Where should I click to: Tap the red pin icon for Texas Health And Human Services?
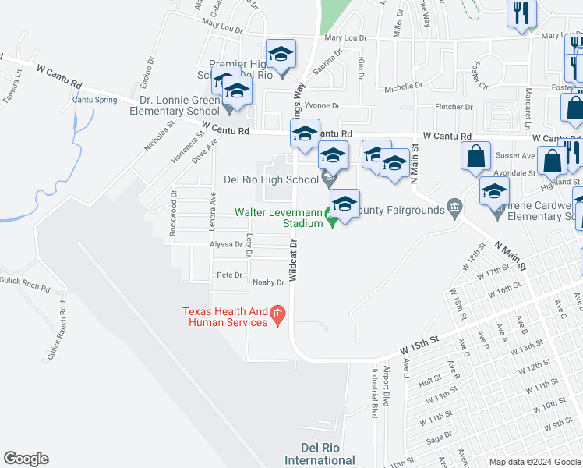(278, 316)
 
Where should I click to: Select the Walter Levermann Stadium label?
(280, 218)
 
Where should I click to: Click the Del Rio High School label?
(270, 179)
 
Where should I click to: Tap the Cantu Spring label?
(94, 100)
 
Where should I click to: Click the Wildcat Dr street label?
(293, 260)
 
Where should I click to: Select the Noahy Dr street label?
(268, 282)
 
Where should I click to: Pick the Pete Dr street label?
(230, 275)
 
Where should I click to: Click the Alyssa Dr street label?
(227, 244)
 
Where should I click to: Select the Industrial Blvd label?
(375, 393)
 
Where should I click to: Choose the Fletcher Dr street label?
(454, 107)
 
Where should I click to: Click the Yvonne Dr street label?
(322, 105)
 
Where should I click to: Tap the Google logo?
(26, 459)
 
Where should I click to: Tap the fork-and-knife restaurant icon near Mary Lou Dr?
(521, 14)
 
